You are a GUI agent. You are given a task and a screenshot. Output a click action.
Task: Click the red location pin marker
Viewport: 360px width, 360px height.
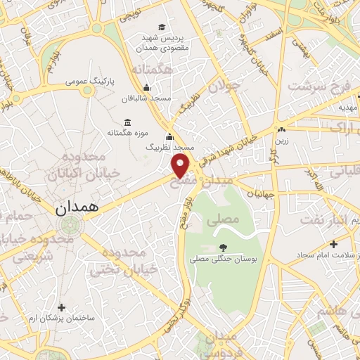point(181,165)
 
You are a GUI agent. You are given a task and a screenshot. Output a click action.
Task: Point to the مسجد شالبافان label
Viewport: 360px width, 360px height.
point(146,99)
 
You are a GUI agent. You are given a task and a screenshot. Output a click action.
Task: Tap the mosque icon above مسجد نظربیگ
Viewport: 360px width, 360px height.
point(169,136)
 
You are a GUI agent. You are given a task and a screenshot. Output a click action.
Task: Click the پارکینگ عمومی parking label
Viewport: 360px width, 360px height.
point(89,82)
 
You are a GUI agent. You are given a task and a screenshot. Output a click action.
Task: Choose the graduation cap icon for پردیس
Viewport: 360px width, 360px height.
point(162,27)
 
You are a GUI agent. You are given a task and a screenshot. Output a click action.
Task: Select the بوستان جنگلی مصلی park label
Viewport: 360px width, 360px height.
point(222,259)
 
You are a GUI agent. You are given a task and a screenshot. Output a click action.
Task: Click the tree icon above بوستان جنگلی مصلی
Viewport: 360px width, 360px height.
point(222,247)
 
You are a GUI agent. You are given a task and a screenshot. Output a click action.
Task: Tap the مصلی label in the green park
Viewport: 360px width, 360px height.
point(223,220)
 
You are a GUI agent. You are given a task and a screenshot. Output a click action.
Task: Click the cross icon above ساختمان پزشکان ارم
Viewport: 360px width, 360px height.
point(62,307)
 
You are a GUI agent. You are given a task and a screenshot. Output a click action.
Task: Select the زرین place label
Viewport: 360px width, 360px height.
point(281,140)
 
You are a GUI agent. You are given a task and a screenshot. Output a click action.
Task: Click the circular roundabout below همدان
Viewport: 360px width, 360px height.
point(70,226)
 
